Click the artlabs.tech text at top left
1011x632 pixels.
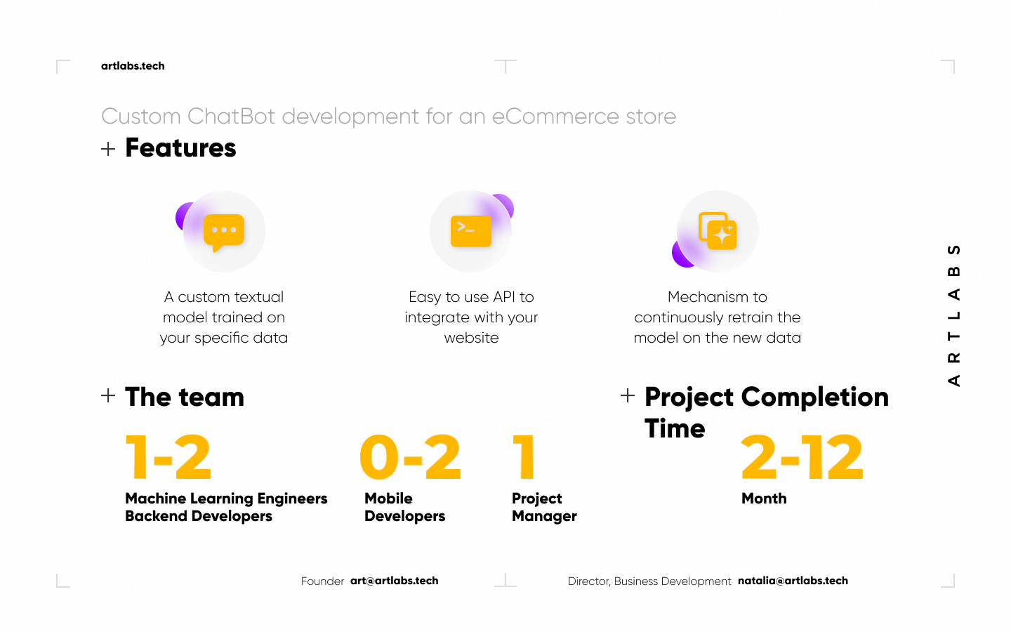coord(133,66)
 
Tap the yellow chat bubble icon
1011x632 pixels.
coord(224,232)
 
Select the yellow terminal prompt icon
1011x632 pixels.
coord(471,231)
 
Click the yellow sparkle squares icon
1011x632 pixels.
coord(718,230)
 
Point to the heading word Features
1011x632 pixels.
coord(180,147)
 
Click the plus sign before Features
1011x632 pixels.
coord(108,149)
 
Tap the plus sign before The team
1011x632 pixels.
coord(108,395)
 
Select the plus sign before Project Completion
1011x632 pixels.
coord(628,395)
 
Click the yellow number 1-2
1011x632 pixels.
coord(168,457)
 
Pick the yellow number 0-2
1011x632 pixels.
coord(410,457)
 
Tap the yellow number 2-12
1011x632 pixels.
coord(802,457)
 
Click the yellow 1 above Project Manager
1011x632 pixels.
coord(524,457)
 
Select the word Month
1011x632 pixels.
coord(764,499)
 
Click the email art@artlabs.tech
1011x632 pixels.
coord(395,581)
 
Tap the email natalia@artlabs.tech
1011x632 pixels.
coord(793,581)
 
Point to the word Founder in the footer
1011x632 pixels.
coord(323,581)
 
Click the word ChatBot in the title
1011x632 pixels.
coord(231,117)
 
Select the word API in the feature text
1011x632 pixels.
coord(504,297)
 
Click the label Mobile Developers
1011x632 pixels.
coord(405,508)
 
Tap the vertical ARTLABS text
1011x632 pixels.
coord(954,315)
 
